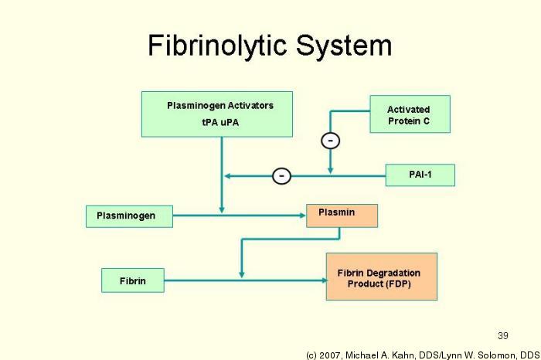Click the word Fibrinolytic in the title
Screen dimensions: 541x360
217,46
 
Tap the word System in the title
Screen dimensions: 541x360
344,46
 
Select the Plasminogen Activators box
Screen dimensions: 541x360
217,114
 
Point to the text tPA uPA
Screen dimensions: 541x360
220,122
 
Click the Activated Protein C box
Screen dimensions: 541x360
410,114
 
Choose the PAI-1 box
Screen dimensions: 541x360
420,175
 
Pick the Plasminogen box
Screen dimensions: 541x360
129,216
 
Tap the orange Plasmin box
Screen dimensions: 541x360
342,216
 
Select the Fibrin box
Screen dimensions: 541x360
133,280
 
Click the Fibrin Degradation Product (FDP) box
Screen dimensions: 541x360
382,277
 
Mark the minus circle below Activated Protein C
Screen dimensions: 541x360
331,141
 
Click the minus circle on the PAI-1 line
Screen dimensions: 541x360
281,176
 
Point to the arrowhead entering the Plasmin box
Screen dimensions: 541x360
303,216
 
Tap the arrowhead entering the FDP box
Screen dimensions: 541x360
324,280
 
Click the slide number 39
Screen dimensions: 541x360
503,335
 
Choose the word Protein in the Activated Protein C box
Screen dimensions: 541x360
403,121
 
